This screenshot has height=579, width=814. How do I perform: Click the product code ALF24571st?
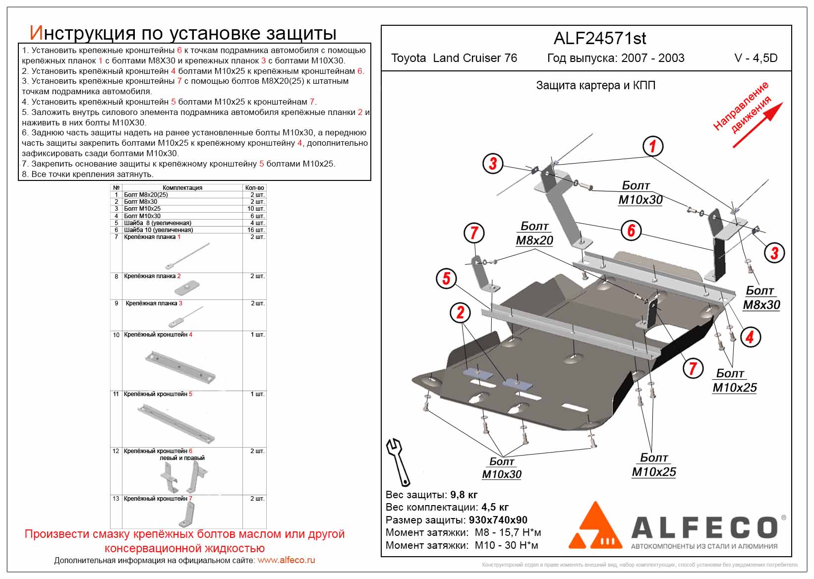point(599,39)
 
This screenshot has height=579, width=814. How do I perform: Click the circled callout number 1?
point(652,146)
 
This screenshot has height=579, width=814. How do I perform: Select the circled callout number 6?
point(631,231)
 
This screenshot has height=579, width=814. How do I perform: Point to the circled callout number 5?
point(446,278)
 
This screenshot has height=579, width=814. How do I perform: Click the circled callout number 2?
point(460,312)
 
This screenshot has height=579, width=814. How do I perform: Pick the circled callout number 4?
point(750,337)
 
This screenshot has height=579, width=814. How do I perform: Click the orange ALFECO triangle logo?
point(594,526)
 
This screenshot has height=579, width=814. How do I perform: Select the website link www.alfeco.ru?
point(286,561)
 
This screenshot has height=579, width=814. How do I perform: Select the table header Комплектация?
point(182,188)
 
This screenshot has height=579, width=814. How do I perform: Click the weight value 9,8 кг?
point(464,495)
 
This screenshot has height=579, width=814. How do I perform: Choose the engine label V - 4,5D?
point(756,58)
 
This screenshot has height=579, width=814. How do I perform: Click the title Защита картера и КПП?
point(595,85)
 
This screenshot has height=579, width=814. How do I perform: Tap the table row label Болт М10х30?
point(142,216)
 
